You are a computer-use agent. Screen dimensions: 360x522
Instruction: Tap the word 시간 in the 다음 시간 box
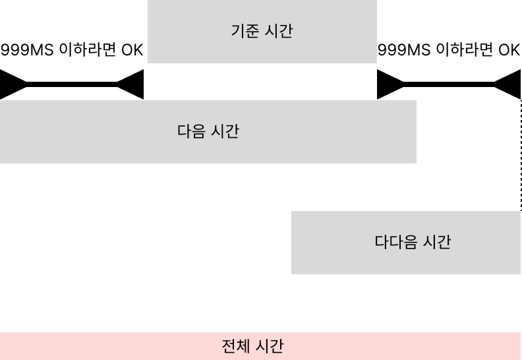point(225,131)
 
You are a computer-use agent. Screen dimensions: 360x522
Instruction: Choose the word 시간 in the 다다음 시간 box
point(437,242)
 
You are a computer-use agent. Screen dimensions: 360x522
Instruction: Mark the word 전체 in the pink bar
point(235,346)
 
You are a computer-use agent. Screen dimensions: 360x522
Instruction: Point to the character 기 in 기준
point(237,31)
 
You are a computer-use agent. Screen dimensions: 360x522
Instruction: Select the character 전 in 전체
point(228,346)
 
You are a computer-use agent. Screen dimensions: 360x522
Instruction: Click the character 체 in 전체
point(242,346)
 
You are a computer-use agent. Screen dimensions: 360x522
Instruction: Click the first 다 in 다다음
point(381,242)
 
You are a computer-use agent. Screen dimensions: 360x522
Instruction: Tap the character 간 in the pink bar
point(277,346)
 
